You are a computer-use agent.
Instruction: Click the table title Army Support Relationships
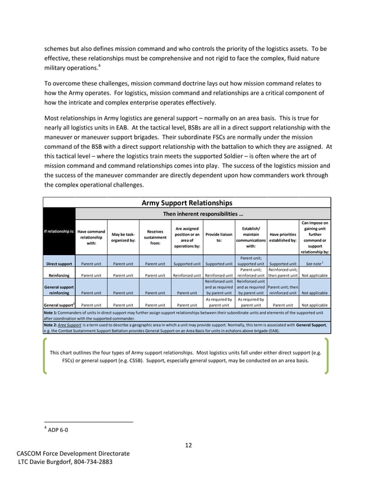[x=187, y=203]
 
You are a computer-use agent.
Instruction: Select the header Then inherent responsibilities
[x=201, y=214]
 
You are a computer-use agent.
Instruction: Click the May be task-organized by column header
[x=123, y=238]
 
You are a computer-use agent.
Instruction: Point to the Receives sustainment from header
[x=155, y=238]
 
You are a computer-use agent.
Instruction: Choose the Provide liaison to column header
[x=219, y=238]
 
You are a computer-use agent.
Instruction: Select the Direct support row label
[x=60, y=264]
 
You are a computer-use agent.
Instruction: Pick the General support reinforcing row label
[x=59, y=289]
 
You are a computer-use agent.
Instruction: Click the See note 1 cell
[x=314, y=264]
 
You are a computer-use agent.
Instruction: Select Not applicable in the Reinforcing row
[x=314, y=275]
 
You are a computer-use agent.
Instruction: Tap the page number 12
[x=188, y=445]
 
